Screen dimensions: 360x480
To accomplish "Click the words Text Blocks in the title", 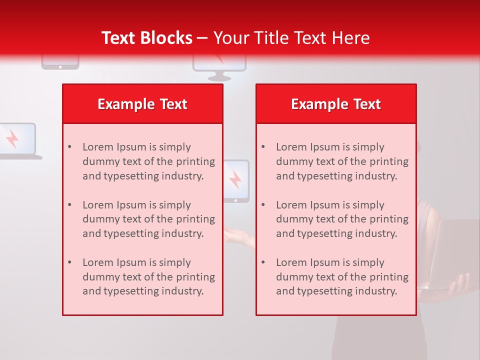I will pos(146,38).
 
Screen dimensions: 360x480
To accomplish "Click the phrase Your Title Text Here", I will pos(291,38).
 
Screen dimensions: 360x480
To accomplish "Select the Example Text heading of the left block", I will pos(142,104).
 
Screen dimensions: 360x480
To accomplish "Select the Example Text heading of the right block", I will pos(336,104).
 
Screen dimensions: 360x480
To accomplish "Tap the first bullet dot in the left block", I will pos(69,147).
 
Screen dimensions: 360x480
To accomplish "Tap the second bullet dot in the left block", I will pos(69,205).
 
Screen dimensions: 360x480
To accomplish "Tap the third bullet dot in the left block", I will pos(69,262).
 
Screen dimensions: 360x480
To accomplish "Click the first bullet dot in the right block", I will pos(263,147).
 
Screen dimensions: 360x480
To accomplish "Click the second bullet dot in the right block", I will pos(263,205).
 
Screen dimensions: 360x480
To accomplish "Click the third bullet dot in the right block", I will pos(263,262).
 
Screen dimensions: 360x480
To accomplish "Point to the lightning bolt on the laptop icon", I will pos(12,138).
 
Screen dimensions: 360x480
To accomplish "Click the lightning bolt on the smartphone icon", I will pos(235,179).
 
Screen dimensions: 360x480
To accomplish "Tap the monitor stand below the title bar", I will pos(219,76).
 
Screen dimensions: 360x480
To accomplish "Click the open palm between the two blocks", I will pos(238,233).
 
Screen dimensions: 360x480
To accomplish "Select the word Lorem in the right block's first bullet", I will pos(289,147).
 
